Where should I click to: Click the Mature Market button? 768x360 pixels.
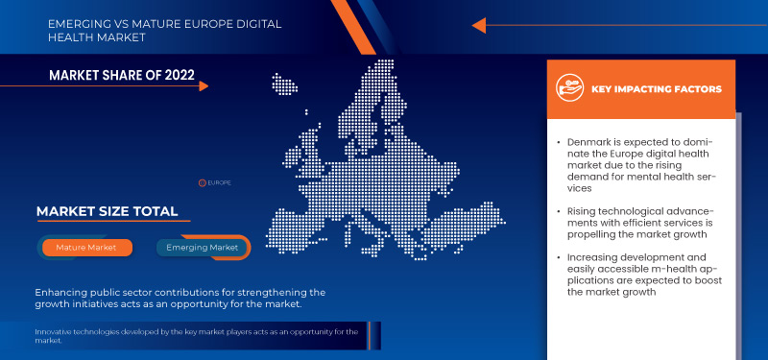[86, 247]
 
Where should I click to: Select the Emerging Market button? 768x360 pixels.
[203, 247]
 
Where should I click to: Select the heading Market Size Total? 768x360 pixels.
[107, 211]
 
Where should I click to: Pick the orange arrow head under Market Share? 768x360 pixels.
[204, 86]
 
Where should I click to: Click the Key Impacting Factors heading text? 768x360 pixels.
[657, 89]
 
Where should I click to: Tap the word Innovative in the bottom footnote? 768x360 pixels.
[56, 332]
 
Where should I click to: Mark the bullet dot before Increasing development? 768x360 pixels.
[559, 258]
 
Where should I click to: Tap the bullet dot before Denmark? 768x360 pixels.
[559, 142]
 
